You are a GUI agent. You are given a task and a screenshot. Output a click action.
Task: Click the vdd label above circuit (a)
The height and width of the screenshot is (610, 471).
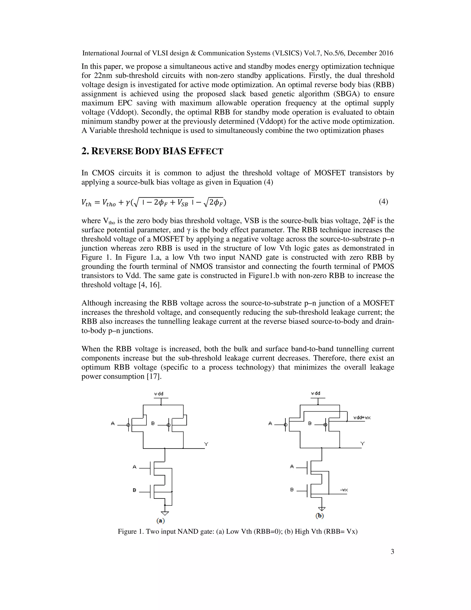159,394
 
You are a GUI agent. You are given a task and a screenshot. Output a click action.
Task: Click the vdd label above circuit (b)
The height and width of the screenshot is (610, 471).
316,393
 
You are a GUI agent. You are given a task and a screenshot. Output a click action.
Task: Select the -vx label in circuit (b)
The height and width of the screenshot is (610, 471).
344,490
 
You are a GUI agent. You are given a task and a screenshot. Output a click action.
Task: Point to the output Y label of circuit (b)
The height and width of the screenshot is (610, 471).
362,443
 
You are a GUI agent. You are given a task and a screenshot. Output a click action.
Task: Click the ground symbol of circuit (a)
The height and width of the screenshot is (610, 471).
165,513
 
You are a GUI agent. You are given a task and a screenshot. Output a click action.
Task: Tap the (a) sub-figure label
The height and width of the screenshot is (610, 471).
161,521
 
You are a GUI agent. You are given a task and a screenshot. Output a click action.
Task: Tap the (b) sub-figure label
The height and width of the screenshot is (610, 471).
319,516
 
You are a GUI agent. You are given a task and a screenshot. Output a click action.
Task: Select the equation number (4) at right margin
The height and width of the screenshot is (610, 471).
383,201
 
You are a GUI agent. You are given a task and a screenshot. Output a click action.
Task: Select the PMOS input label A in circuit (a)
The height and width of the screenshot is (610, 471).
113,423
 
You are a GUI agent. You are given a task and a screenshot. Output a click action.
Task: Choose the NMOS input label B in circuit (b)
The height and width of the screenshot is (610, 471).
292,490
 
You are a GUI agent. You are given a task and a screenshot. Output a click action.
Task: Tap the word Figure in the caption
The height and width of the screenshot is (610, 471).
127,531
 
